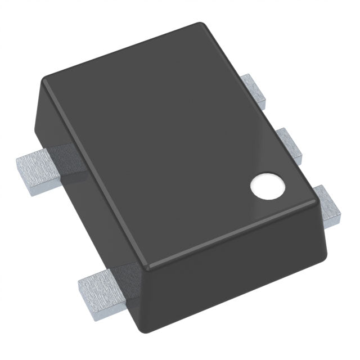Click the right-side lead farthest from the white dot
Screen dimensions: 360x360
255,92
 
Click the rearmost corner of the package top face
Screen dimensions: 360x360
199,25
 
